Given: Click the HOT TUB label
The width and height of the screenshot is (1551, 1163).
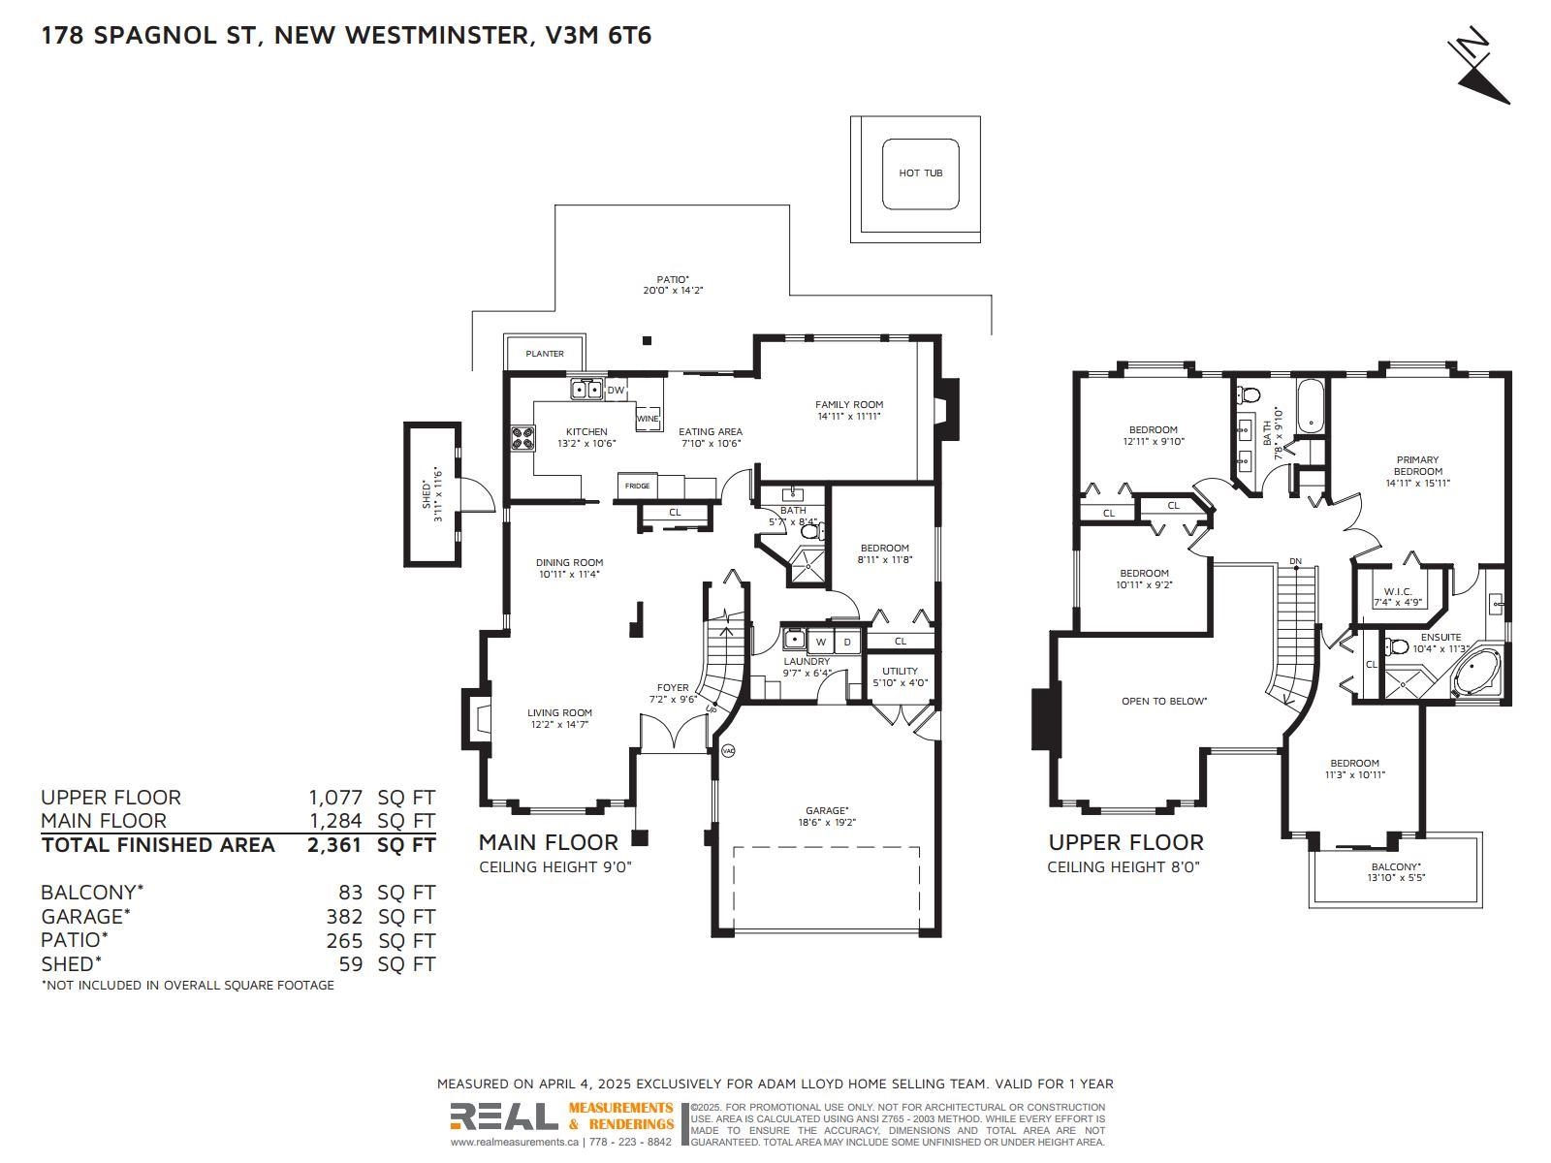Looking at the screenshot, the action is pos(920,173).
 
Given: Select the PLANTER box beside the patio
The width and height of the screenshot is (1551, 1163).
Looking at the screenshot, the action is pos(544,352).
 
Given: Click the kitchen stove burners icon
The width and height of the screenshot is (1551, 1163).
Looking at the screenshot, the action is pos(522,438).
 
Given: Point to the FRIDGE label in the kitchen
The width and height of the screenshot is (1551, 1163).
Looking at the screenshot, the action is pos(637,486).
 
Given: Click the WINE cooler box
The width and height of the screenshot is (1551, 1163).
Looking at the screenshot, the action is pos(648,418).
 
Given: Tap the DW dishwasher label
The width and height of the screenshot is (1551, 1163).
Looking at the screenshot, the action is pos(617,390).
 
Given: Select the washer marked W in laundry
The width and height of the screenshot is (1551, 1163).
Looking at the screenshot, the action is pos(820,642).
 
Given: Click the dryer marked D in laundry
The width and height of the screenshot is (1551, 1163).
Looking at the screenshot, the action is pos(846,642).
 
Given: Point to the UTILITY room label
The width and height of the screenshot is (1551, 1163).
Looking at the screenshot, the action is pos(901,671).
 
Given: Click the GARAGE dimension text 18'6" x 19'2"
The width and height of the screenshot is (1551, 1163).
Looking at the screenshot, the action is pos(826,822).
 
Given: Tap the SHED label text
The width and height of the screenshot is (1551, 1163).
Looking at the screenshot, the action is pos(427,495).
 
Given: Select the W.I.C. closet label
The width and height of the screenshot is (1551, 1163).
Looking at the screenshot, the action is pos(1398,592).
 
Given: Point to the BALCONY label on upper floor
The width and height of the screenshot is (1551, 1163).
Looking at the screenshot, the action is pos(1396,866).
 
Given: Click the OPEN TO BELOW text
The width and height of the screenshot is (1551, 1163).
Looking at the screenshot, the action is pos(1164,701).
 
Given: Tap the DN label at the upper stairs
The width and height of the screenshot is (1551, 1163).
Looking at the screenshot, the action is pos(1295,561).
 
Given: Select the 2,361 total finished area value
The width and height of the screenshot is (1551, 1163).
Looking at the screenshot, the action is pos(334,845).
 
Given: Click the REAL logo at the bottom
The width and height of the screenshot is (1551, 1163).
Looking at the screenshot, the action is pos(504,1116).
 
